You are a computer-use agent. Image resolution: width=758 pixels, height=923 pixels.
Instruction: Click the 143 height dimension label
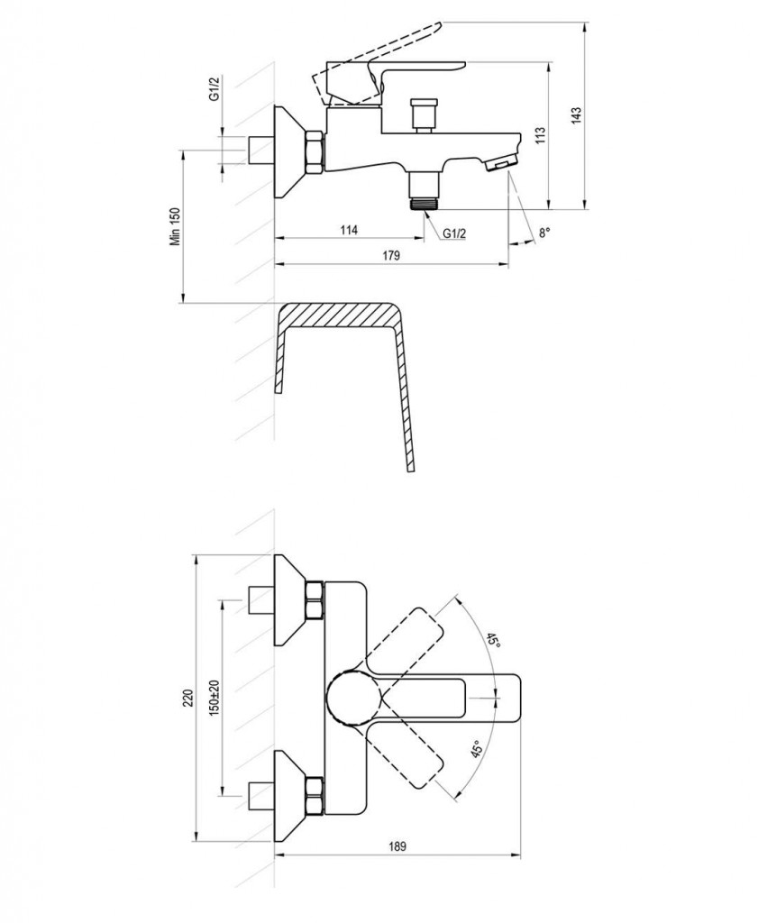click(576, 115)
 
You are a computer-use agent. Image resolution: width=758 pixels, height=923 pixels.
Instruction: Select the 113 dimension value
click(541, 135)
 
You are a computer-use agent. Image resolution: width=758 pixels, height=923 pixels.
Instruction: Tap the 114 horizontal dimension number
click(349, 230)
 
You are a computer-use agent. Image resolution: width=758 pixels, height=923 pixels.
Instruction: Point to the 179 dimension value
click(391, 255)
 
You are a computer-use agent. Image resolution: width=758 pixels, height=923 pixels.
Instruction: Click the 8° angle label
click(544, 233)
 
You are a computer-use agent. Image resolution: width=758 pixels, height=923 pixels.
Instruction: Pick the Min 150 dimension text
click(176, 226)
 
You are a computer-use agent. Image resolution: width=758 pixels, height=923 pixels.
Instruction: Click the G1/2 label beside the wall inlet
click(215, 87)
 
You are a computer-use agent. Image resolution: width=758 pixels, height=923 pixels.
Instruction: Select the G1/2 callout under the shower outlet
click(454, 233)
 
